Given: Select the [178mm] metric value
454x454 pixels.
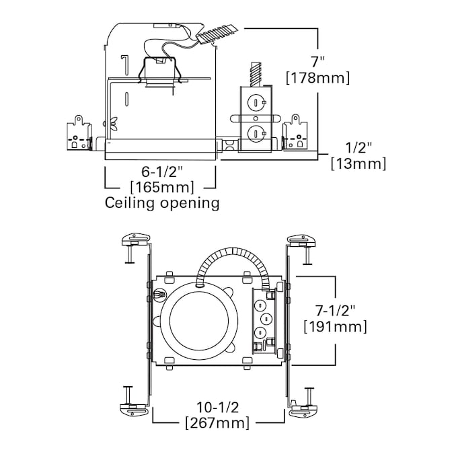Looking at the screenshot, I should pyautogui.click(x=317, y=78).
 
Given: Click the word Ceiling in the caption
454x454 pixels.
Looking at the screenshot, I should pyautogui.click(x=129, y=202).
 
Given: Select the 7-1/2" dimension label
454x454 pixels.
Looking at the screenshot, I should pyautogui.click(x=335, y=309).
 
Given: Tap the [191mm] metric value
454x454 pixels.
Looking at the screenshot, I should pyautogui.click(x=335, y=327).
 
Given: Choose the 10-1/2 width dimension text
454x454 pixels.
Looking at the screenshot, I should pyautogui.click(x=219, y=406).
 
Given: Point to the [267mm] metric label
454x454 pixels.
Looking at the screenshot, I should pyautogui.click(x=219, y=423).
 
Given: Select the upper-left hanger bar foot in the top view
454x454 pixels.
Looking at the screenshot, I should pyautogui.click(x=135, y=238).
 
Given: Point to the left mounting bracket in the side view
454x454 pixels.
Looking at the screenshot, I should pyautogui.click(x=79, y=135).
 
